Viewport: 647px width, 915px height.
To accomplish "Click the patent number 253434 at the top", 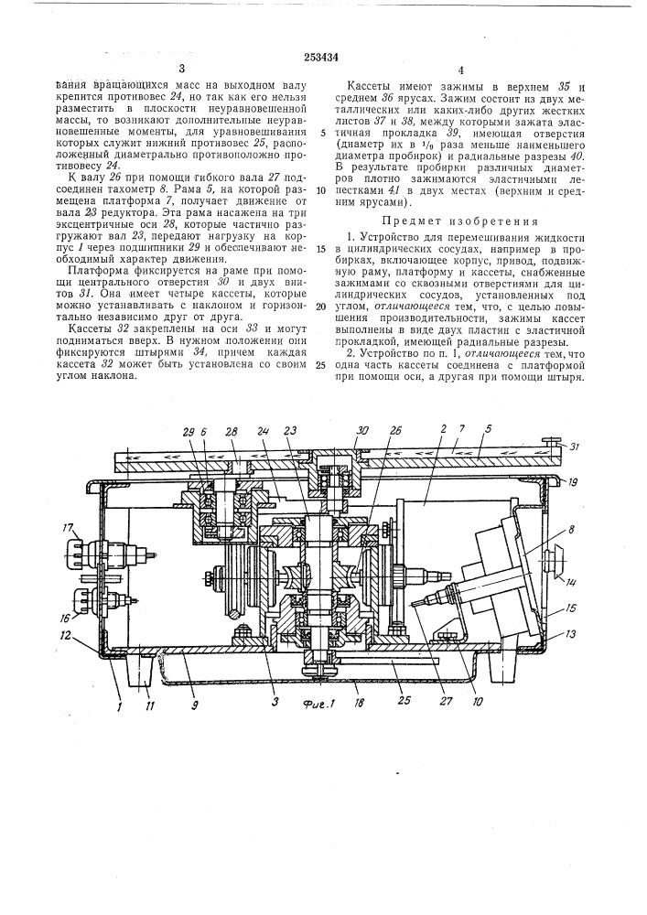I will click(324, 54).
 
